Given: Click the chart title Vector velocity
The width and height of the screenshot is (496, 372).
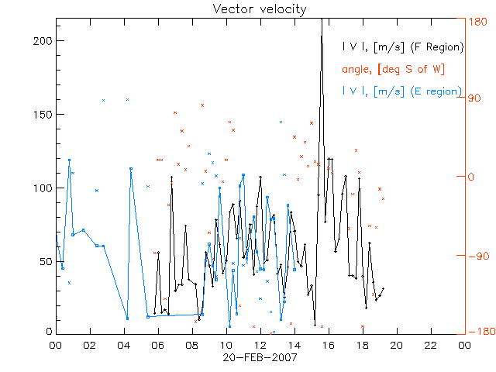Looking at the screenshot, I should coord(260,9).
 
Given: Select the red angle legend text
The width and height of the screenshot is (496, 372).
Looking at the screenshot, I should coord(393,69).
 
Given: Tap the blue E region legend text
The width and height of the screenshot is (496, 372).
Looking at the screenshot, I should coord(402,91).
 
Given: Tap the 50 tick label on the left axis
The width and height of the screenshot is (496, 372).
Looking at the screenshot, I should coord(46,261).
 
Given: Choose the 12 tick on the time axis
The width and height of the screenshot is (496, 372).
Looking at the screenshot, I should coord(260,345).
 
